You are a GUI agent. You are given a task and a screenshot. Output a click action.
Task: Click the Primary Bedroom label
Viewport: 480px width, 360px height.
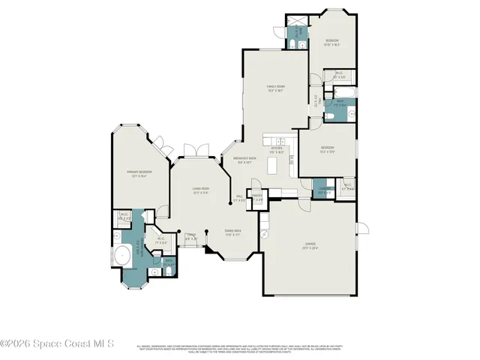click(x=134, y=172)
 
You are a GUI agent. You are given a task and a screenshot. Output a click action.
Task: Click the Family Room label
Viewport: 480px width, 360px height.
click(x=276, y=88)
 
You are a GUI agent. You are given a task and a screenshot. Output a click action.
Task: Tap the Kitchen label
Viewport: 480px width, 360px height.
click(x=276, y=149)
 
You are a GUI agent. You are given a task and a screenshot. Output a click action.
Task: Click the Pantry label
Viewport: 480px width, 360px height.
click(x=257, y=199)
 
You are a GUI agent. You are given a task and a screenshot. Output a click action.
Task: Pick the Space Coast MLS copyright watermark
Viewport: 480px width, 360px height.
click(x=57, y=343)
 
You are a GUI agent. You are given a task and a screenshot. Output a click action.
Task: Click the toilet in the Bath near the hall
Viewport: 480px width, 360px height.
click(x=330, y=117)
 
